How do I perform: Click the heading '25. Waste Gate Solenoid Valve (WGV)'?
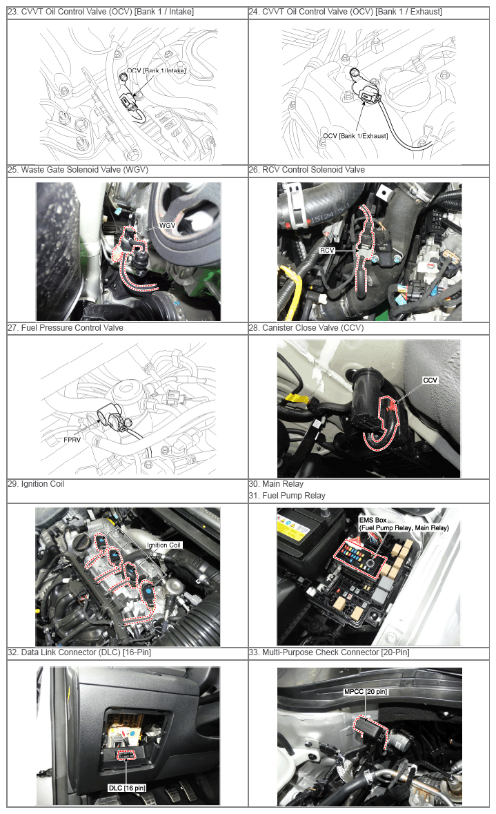tap(78, 170)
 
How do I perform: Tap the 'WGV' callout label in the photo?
tap(167, 225)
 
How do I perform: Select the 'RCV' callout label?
tap(328, 250)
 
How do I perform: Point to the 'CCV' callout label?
tap(430, 380)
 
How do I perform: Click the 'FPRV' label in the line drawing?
tap(72, 440)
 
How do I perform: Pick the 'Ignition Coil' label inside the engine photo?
tap(164, 545)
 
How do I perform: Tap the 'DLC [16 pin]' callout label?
tap(127, 788)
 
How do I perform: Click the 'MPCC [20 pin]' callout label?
tap(365, 692)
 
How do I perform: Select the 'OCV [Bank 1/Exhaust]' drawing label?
tap(355, 136)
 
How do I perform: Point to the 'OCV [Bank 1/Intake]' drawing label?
tap(156, 70)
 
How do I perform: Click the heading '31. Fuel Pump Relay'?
tap(287, 495)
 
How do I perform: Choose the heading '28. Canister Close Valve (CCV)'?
tap(306, 327)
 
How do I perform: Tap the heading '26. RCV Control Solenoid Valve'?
tap(306, 170)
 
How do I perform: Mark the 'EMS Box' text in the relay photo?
tap(373, 520)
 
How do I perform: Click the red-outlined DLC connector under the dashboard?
tap(126, 755)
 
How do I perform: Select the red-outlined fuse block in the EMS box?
tap(360, 556)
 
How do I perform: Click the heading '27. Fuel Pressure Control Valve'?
tap(66, 327)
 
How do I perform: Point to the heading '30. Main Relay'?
tap(276, 484)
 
